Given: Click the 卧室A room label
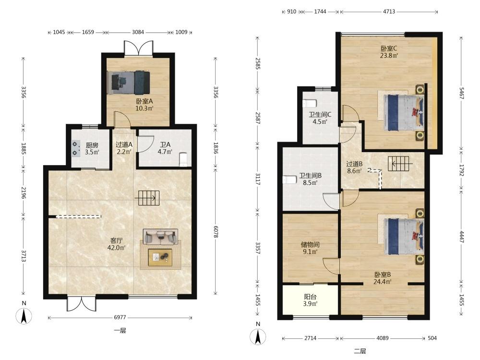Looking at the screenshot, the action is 144,101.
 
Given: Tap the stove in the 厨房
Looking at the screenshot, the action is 76,148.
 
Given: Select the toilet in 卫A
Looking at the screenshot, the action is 183,159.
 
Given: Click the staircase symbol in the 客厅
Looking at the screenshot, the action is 147,198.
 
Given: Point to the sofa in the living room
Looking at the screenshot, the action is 160,237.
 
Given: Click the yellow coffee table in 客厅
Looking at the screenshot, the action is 160,257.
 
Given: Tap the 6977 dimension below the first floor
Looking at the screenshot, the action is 120,317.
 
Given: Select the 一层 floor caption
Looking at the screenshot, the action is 120,331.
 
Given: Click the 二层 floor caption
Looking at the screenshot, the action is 360,351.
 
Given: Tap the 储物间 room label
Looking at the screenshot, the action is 310,245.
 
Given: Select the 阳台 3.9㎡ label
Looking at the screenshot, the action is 311,300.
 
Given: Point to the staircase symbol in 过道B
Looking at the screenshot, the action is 398,164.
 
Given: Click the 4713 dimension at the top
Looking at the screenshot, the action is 389,12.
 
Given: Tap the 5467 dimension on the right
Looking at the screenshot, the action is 461,93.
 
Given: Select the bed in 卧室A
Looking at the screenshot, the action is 129,83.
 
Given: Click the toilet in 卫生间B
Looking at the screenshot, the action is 289,180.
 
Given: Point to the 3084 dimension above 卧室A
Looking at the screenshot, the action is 138,32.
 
